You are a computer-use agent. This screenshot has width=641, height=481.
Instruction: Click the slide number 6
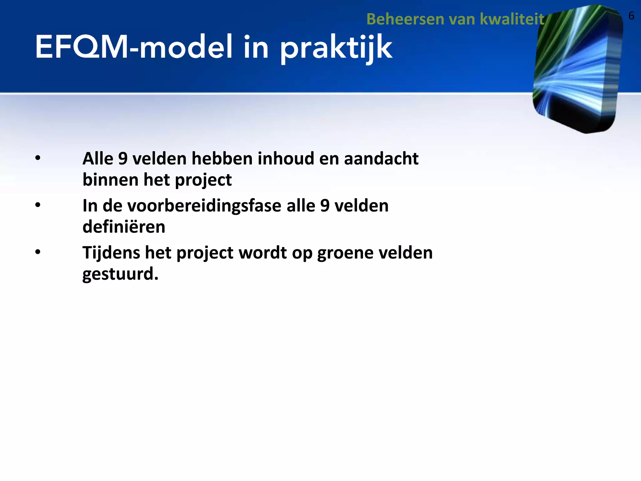(631, 16)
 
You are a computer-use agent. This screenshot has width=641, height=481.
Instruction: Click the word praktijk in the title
(336, 49)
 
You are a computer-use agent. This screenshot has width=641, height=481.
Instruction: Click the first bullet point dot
(38, 158)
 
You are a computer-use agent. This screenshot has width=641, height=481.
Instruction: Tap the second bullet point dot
(38, 205)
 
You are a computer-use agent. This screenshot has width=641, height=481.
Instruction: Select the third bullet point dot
(38, 252)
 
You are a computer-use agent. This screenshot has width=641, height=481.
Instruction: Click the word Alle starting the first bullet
(98, 158)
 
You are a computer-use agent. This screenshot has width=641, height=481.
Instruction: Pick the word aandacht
(381, 158)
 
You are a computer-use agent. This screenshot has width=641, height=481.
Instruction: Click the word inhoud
(286, 158)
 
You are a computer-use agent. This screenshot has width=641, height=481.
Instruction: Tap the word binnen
(110, 180)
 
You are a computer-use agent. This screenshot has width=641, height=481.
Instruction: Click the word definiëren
(124, 227)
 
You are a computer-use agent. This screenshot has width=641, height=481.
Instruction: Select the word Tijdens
(111, 253)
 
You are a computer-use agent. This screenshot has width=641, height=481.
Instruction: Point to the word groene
(345, 253)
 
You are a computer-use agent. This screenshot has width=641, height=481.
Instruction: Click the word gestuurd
(120, 274)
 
